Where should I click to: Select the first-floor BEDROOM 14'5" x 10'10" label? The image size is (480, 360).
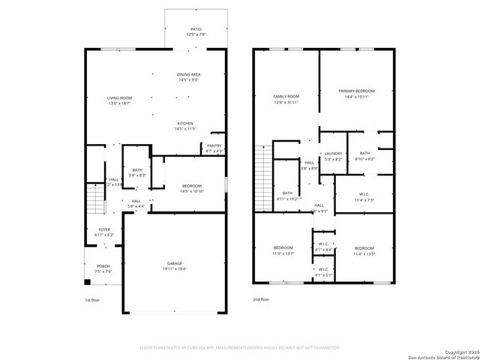pyautogui.click(x=193, y=188)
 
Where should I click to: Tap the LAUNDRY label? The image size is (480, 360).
pyautogui.click(x=332, y=156)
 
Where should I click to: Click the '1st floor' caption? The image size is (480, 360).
pyautogui.click(x=91, y=300)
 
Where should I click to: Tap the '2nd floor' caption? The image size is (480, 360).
pyautogui.click(x=261, y=300)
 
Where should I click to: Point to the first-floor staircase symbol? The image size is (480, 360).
pyautogui.click(x=94, y=200)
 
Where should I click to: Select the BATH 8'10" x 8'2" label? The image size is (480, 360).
pyautogui.click(x=364, y=156)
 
